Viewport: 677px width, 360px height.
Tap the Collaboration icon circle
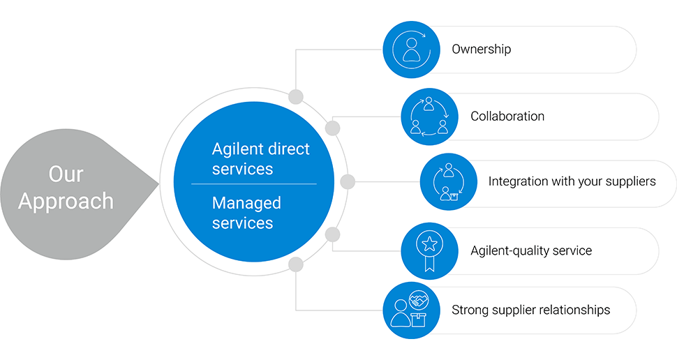429,117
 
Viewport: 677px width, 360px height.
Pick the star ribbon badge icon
429,250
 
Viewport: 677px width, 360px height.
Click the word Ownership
482,50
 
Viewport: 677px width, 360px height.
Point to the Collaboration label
507,117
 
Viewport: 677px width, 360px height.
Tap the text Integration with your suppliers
572,182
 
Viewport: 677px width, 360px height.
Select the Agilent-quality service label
531,250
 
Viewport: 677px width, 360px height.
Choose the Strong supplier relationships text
530,310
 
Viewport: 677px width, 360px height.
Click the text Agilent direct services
260,159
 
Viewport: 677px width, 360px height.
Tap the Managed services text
246,213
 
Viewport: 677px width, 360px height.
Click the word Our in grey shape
66,174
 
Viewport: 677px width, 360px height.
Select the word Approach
66,201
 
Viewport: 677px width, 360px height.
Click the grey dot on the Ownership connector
296,96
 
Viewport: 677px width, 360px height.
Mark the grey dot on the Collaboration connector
332,128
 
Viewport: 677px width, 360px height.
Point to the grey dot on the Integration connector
347,182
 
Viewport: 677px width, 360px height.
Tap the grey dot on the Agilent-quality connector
332,234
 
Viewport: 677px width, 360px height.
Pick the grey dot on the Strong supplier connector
296,264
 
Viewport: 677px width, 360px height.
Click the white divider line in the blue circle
253,184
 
